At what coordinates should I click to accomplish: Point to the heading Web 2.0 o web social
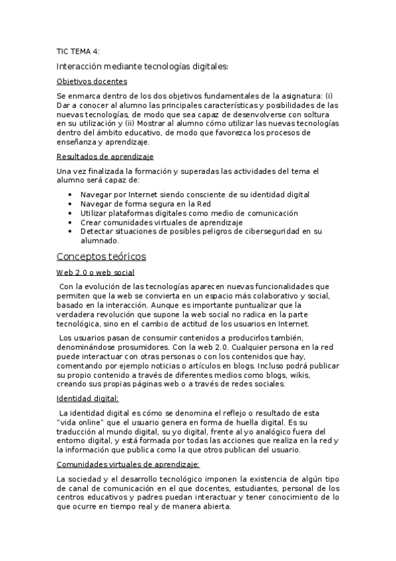coord(95,272)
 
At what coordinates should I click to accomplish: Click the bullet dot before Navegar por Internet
coord(71,194)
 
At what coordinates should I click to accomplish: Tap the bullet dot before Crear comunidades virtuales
coord(71,222)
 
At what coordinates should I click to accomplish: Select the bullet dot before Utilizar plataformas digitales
coord(71,213)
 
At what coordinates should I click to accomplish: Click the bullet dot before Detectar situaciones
coord(71,232)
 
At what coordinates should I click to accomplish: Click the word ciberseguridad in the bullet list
coord(277,232)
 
